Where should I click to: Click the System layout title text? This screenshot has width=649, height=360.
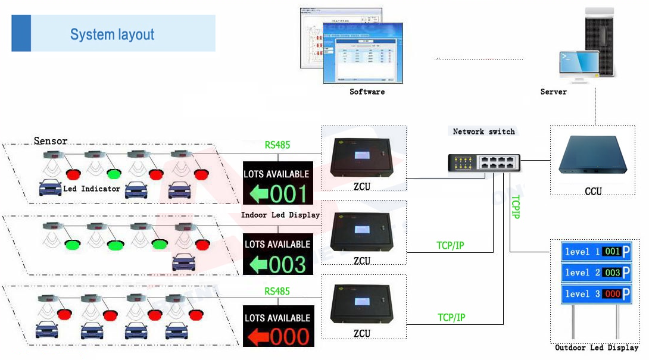[112, 35]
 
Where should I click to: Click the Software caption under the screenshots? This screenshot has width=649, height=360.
[367, 92]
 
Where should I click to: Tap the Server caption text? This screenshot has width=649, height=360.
[553, 92]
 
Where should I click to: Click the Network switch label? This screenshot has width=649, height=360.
[483, 132]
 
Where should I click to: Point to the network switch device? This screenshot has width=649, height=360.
[484, 161]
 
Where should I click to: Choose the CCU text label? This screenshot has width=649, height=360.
[593, 191]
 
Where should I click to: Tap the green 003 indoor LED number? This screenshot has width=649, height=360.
[289, 265]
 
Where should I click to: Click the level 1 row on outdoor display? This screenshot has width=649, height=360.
[595, 252]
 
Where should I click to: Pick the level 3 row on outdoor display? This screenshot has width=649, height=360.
[595, 294]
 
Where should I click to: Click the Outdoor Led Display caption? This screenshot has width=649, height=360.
[596, 348]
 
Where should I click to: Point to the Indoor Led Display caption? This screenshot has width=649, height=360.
[280, 215]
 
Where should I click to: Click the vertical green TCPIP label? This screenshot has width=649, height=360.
[516, 206]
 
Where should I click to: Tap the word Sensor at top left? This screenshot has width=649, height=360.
[51, 141]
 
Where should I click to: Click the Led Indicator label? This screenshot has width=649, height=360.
[92, 189]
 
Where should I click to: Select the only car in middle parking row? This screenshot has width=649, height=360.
[183, 262]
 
